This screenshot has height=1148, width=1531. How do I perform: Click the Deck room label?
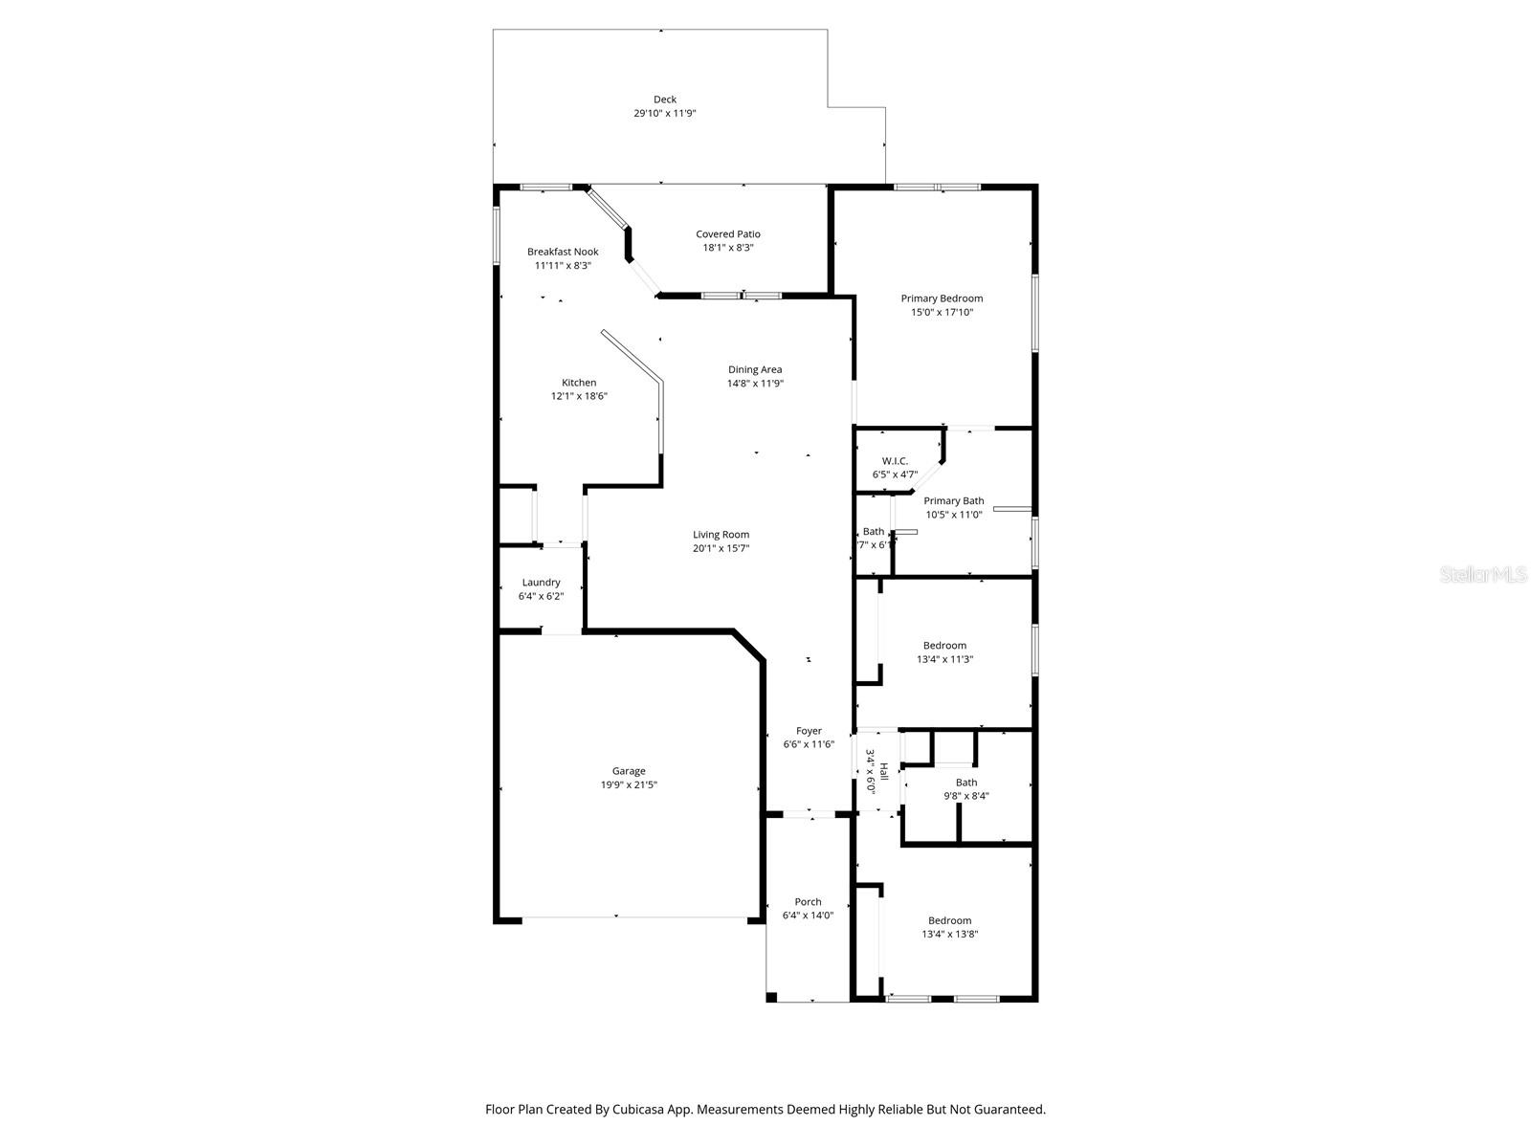[665, 99]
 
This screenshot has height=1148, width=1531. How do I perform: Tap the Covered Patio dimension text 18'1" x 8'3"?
[728, 248]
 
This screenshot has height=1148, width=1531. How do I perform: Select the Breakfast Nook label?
[563, 252]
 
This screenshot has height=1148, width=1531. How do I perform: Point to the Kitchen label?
[579, 383]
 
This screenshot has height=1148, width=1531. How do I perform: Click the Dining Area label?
[755, 369]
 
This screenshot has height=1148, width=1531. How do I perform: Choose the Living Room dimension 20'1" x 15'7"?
[721, 549]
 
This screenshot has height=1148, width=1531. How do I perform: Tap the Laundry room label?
[541, 583]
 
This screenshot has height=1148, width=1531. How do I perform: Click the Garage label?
[629, 771]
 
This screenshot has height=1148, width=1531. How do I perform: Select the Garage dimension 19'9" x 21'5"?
[629, 785]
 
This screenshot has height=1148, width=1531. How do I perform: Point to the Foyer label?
[809, 731]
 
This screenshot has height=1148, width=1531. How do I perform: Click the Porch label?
[808, 902]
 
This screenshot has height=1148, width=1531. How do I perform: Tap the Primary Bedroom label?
[942, 298]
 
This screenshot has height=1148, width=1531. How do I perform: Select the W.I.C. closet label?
[895, 461]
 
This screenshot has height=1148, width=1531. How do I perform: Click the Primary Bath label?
[953, 501]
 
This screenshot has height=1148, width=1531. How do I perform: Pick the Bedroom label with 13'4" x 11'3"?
[944, 646]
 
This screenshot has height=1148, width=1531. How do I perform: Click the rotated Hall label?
[884, 771]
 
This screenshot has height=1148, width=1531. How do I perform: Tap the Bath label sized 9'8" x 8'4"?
[966, 783]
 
